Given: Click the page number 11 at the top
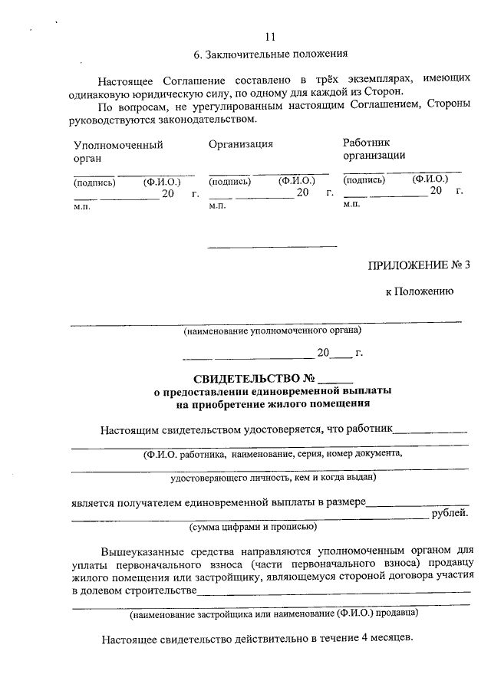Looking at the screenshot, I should tap(269, 37).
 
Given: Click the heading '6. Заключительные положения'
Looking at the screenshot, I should tap(271, 54).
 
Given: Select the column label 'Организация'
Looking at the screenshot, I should tap(241, 143).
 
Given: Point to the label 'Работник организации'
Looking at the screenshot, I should tap(374, 149).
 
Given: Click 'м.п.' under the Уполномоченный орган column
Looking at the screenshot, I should tap(81, 207).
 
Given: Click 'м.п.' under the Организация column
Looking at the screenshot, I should tap(217, 206).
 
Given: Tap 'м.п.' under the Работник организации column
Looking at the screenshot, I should tap(352, 204).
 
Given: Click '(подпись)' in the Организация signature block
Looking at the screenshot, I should tap(230, 182).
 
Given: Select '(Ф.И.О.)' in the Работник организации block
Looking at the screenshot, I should tap(430, 179).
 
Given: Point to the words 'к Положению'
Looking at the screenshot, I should tap(420, 291).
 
